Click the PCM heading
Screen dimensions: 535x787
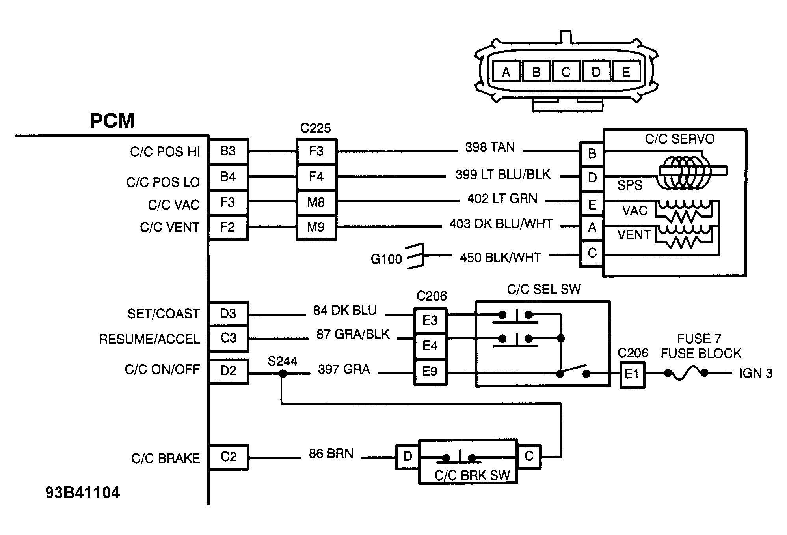click(112, 121)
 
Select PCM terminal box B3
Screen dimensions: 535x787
click(228, 151)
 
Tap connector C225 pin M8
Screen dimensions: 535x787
click(316, 203)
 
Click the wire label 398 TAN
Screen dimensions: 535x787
click(490, 147)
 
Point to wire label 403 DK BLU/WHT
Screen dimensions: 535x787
click(500, 224)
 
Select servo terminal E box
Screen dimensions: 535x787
click(592, 204)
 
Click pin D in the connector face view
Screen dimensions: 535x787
click(595, 72)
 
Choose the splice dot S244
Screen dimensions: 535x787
click(283, 373)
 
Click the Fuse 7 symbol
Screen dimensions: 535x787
click(686, 373)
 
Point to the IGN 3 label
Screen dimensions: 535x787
click(755, 374)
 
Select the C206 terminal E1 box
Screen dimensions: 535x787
click(632, 374)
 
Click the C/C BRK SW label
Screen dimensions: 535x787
click(472, 475)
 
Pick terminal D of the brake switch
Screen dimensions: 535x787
click(407, 457)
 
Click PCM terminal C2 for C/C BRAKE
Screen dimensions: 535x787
click(229, 457)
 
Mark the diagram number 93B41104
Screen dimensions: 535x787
click(82, 493)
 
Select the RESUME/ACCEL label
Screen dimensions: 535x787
click(149, 339)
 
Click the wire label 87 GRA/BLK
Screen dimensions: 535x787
click(353, 335)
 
